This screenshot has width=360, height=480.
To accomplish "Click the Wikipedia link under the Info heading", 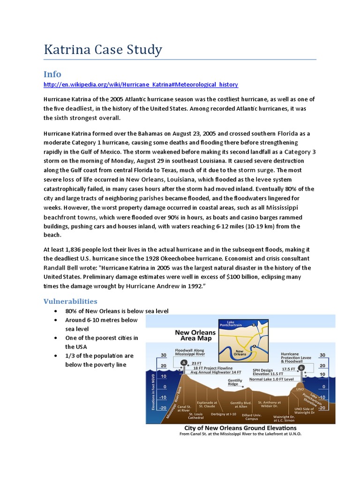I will (x=141, y=84).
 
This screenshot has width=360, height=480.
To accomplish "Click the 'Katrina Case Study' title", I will (x=103, y=50).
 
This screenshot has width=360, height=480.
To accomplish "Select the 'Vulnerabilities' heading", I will (x=70, y=301).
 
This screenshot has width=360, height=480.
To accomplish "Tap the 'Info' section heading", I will (x=52, y=74).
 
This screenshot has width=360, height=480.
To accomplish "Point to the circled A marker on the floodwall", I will (x=184, y=363).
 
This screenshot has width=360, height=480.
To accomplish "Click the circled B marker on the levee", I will (x=301, y=367).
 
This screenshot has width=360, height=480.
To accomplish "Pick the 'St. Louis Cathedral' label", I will (x=196, y=416).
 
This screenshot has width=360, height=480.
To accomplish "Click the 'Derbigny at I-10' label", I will (x=223, y=414).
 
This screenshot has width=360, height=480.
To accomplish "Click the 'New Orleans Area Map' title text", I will (x=195, y=335).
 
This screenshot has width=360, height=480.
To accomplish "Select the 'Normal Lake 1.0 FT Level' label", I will (x=271, y=379).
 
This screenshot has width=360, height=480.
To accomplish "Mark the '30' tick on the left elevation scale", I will (x=164, y=355).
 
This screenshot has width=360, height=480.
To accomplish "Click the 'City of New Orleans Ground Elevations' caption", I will (x=240, y=428).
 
